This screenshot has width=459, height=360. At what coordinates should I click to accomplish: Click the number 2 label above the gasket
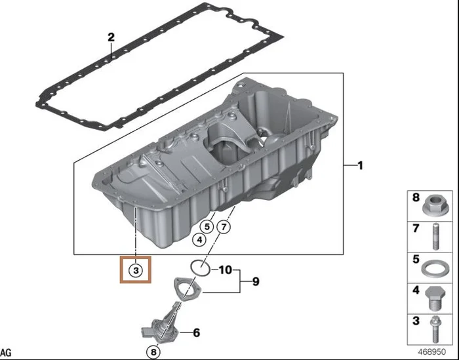(x=111, y=37)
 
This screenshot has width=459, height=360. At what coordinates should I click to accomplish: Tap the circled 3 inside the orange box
(x=135, y=270)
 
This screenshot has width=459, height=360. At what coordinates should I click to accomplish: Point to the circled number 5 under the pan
(x=206, y=227)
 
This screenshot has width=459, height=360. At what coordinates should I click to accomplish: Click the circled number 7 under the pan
(x=224, y=227)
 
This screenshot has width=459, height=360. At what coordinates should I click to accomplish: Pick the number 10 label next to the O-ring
(x=224, y=270)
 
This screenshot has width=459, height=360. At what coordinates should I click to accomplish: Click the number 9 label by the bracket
(x=255, y=282)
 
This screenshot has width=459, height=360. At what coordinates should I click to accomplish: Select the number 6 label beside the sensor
(x=195, y=332)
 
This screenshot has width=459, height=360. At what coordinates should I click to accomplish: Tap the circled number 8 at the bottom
(x=153, y=352)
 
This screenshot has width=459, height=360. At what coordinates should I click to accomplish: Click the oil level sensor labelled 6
(x=161, y=327)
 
